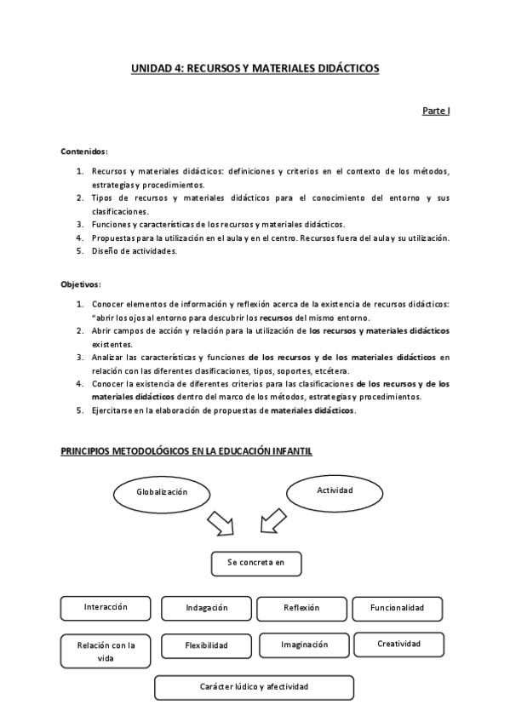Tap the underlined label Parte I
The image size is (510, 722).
click(x=436, y=112)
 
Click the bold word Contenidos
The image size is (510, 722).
click(x=83, y=151)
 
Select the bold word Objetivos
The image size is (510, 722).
click(x=80, y=284)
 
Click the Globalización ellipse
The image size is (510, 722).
click(x=162, y=492)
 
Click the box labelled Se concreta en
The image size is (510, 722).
click(x=256, y=564)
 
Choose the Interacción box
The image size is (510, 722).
click(x=106, y=608)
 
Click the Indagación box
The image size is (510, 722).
click(x=206, y=608)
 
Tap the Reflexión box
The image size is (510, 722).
click(x=301, y=608)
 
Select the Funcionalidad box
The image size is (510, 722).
click(x=396, y=608)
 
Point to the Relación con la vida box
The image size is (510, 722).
click(x=106, y=651)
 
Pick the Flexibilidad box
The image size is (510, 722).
click(x=206, y=646)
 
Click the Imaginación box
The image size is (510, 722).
click(x=304, y=645)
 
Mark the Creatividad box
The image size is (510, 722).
click(x=399, y=645)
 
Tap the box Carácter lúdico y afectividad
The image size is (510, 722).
click(x=254, y=687)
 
